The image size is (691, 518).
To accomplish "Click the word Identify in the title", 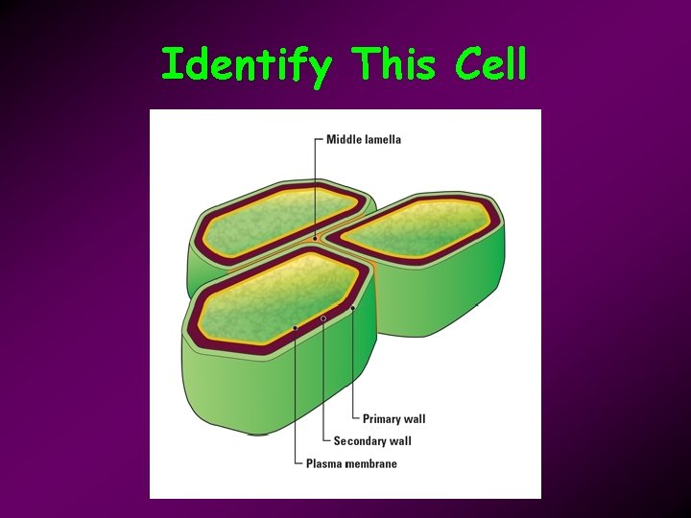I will [247, 65].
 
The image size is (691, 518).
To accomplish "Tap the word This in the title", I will [394, 64].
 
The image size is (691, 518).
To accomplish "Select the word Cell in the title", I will [490, 64].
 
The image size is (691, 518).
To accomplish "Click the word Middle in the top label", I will [344, 139].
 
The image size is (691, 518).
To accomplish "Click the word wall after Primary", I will [416, 419].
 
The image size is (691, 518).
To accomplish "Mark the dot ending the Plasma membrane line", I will [296, 328].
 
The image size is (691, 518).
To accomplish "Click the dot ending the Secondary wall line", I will [323, 318].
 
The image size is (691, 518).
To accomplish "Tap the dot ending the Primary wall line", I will [353, 308].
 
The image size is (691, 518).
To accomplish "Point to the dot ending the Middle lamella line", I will [314, 237].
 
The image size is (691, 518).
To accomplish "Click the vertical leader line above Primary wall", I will [353, 365].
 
